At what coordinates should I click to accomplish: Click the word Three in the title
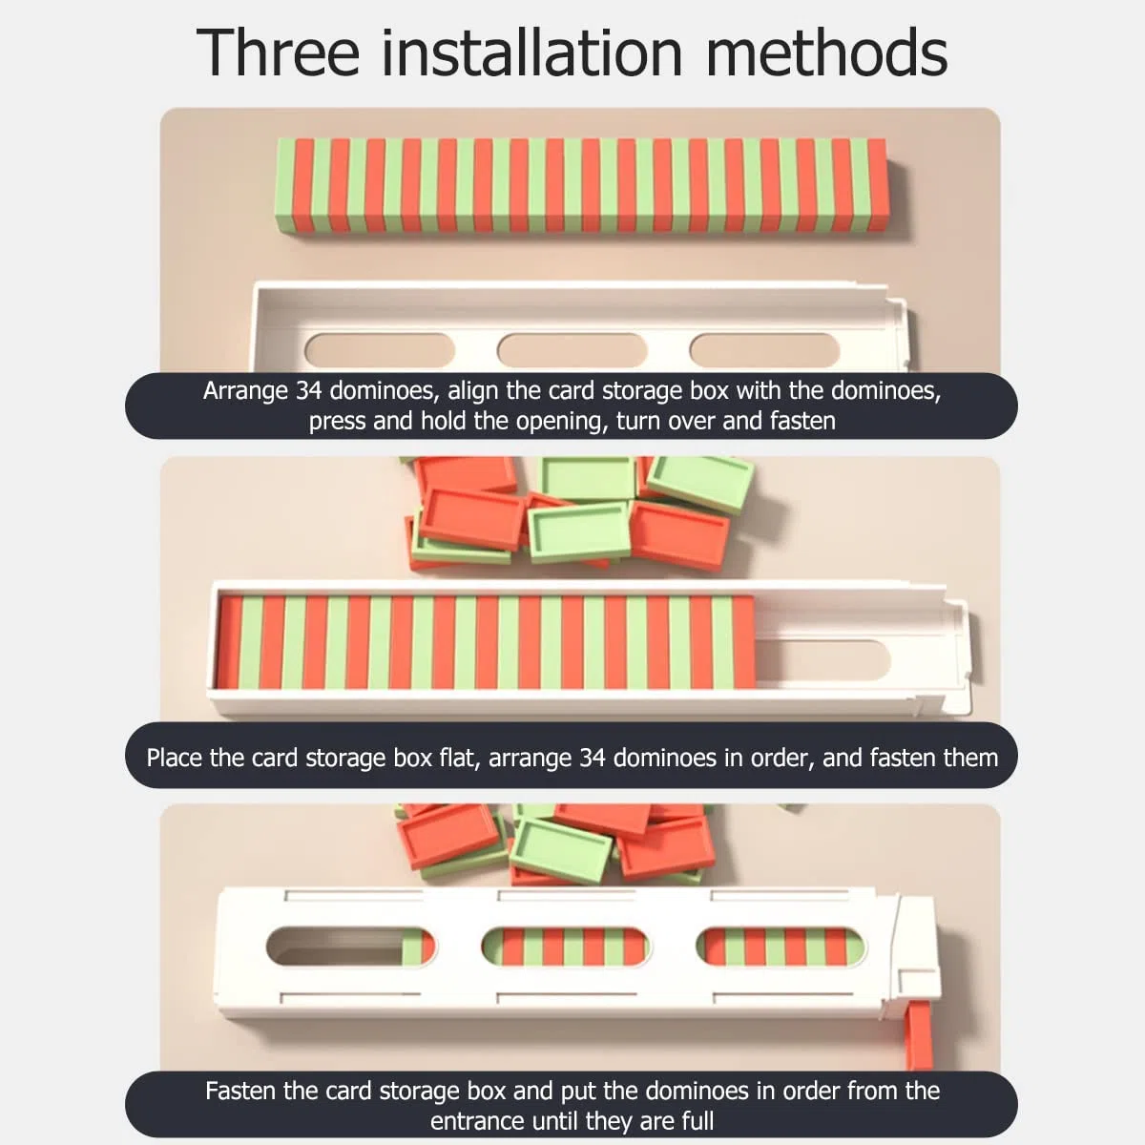click(x=278, y=52)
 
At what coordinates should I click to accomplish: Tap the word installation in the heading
click(x=531, y=52)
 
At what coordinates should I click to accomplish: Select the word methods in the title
click(x=826, y=52)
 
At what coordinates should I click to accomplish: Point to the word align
click(x=473, y=390)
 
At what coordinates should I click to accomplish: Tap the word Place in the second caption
click(x=174, y=759)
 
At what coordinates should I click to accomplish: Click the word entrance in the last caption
click(x=476, y=1121)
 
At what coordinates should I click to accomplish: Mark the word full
click(x=697, y=1120)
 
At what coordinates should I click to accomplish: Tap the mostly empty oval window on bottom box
click(x=350, y=947)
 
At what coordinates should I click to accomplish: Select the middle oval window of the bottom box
click(x=565, y=947)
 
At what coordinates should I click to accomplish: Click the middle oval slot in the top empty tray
click(x=572, y=350)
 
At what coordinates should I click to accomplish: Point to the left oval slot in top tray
click(x=380, y=350)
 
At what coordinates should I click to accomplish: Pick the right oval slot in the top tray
click(x=764, y=350)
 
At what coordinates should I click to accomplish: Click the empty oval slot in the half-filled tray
click(x=823, y=659)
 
